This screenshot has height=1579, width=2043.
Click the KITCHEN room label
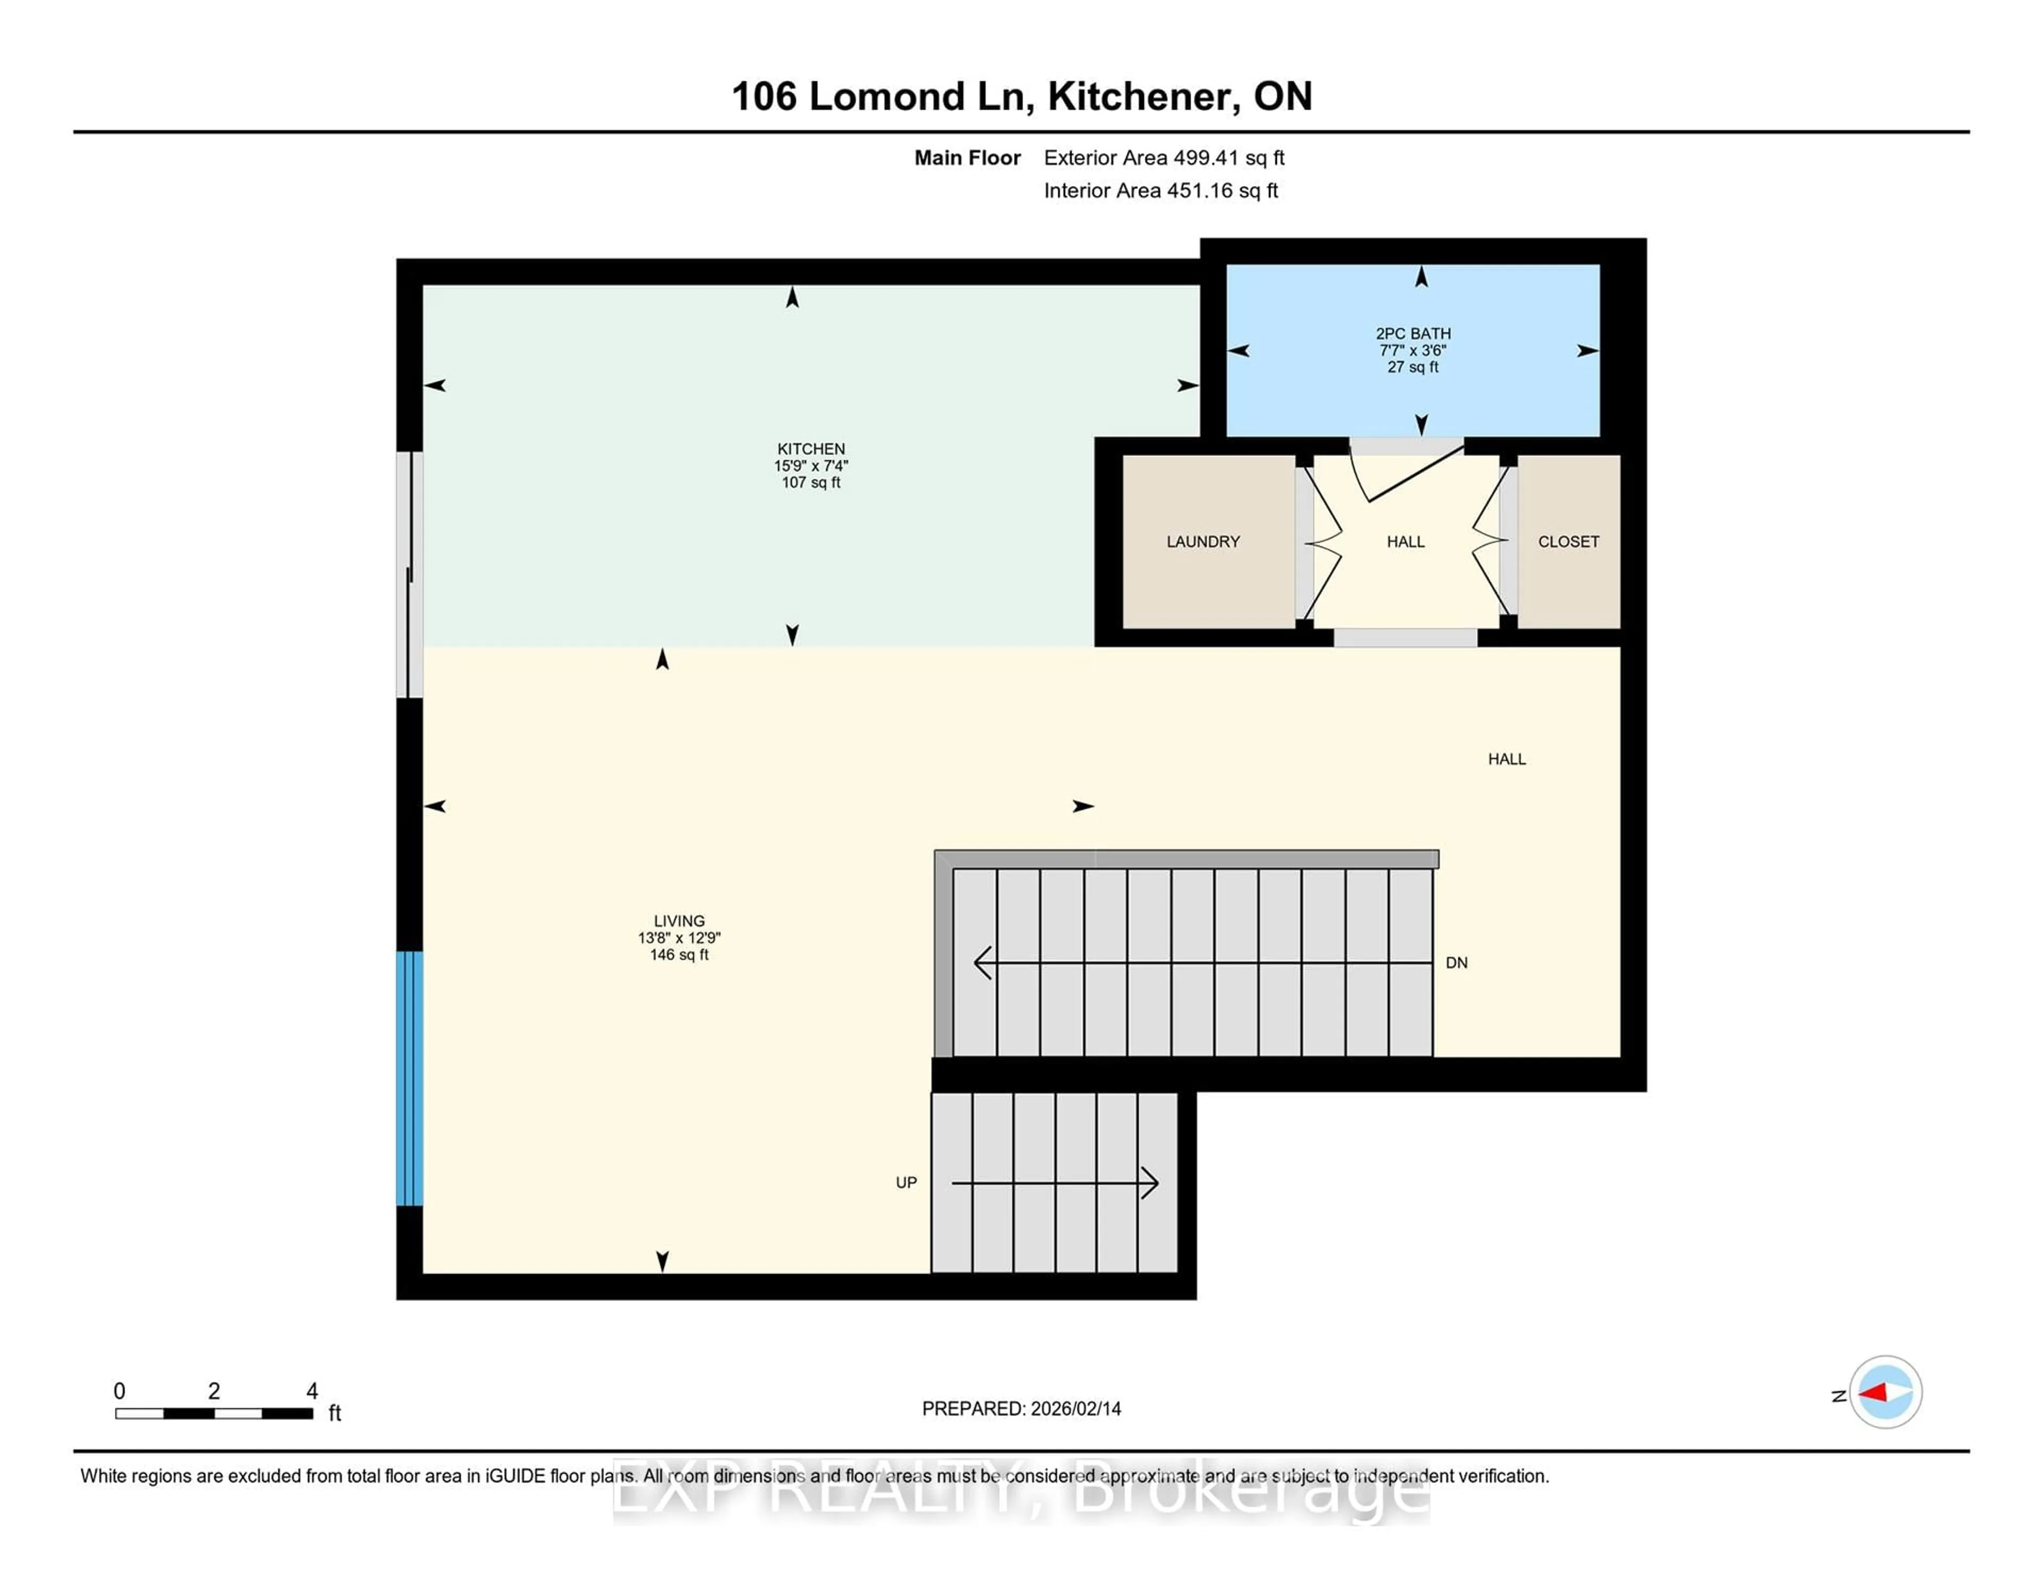click(810, 449)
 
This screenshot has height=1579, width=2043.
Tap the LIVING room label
click(679, 921)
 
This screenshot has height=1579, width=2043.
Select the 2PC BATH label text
click(1413, 334)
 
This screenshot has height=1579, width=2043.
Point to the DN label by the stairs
click(1457, 962)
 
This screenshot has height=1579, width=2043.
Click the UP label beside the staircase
click(906, 1182)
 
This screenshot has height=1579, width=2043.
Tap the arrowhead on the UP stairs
click(1151, 1183)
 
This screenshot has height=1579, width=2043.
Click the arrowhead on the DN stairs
click(982, 962)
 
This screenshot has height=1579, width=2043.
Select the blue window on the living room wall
click(410, 1078)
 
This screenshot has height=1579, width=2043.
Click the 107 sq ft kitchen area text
click(810, 483)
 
